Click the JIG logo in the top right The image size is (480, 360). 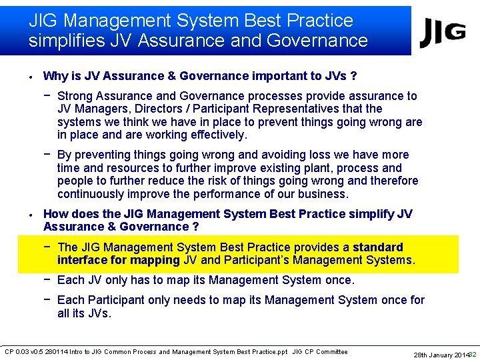(443, 32)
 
